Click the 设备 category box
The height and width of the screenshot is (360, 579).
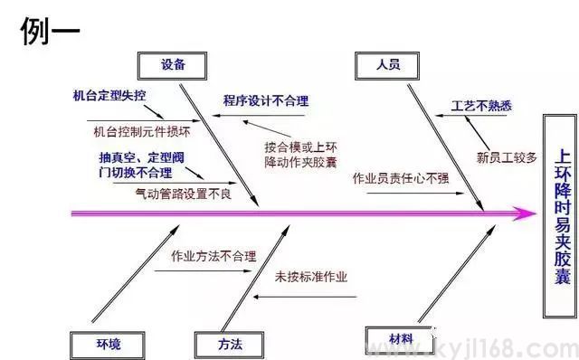[174, 63]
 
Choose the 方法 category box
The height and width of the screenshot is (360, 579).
[230, 345]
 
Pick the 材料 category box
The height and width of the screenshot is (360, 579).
[401, 339]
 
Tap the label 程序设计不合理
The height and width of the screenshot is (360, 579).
[266, 99]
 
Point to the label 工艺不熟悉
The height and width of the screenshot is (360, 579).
[481, 106]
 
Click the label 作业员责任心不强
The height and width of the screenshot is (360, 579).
[400, 177]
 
